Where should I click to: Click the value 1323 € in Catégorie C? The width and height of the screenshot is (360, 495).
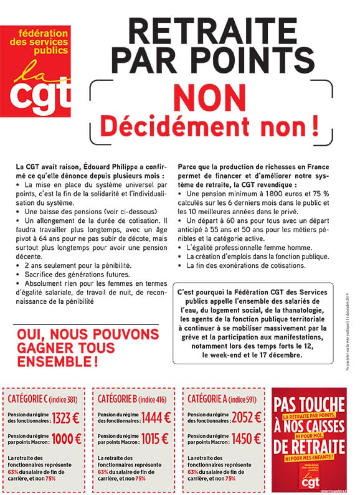(66, 418)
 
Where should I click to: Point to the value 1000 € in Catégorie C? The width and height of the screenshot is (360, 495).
(66, 438)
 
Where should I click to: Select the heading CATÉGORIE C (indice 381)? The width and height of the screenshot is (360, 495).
(45, 397)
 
